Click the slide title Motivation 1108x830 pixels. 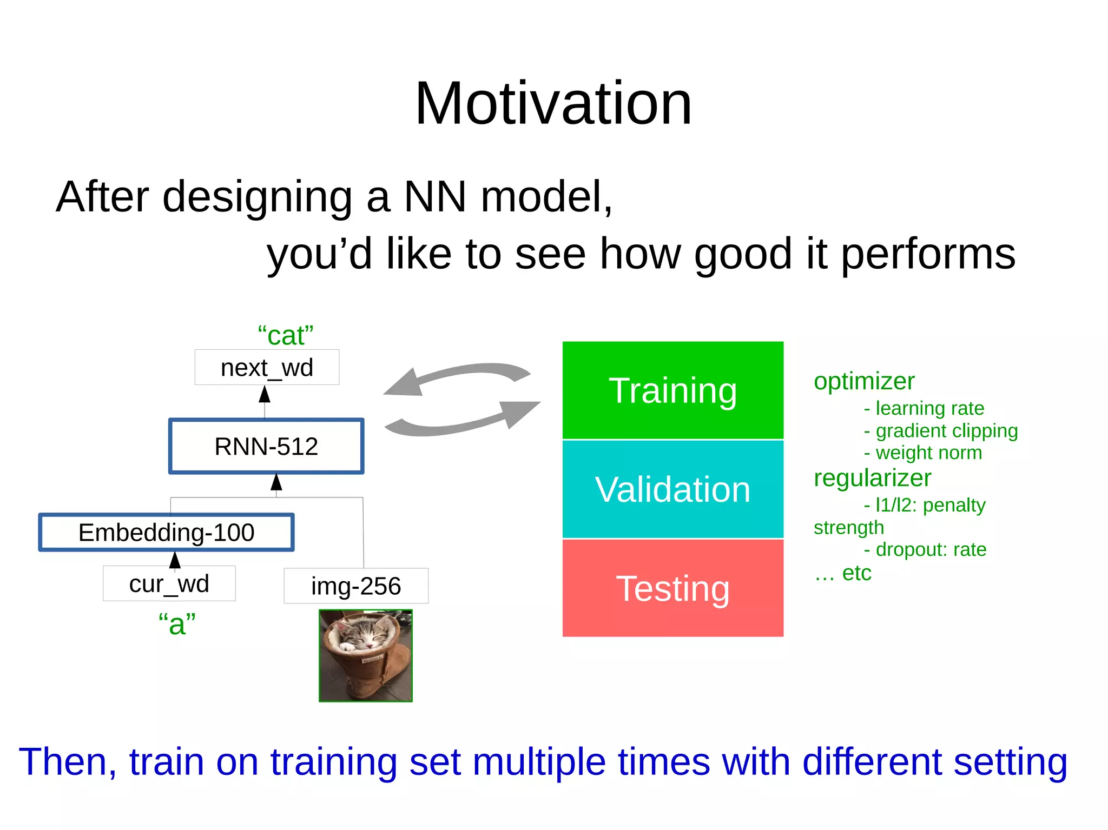553,103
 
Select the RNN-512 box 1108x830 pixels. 266,447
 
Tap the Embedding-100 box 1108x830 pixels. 166,533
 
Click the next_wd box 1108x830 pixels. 267,368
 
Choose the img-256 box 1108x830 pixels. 356,586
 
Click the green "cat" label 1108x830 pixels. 285,336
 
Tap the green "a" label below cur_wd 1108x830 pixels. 176,624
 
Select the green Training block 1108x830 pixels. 672,390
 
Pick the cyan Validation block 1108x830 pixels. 672,489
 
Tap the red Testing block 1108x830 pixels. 672,588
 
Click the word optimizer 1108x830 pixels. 864,381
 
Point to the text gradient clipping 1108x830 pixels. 946,431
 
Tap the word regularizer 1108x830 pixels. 872,478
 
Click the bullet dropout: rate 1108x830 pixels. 931,549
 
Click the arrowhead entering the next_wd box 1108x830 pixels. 265,394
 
